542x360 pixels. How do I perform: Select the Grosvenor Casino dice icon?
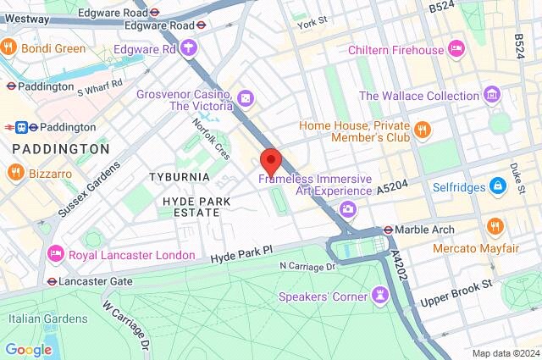click(245, 100)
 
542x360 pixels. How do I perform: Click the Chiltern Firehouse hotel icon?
click(456, 49)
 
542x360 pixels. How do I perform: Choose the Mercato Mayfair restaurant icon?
click(495, 226)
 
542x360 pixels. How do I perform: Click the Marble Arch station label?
click(424, 230)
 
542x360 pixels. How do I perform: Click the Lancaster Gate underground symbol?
click(53, 281)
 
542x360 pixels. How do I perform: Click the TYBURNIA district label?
click(179, 176)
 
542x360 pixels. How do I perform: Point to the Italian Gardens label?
click(47, 318)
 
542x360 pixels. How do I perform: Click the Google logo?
click(28, 349)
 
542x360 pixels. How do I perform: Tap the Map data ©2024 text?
click(505, 353)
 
